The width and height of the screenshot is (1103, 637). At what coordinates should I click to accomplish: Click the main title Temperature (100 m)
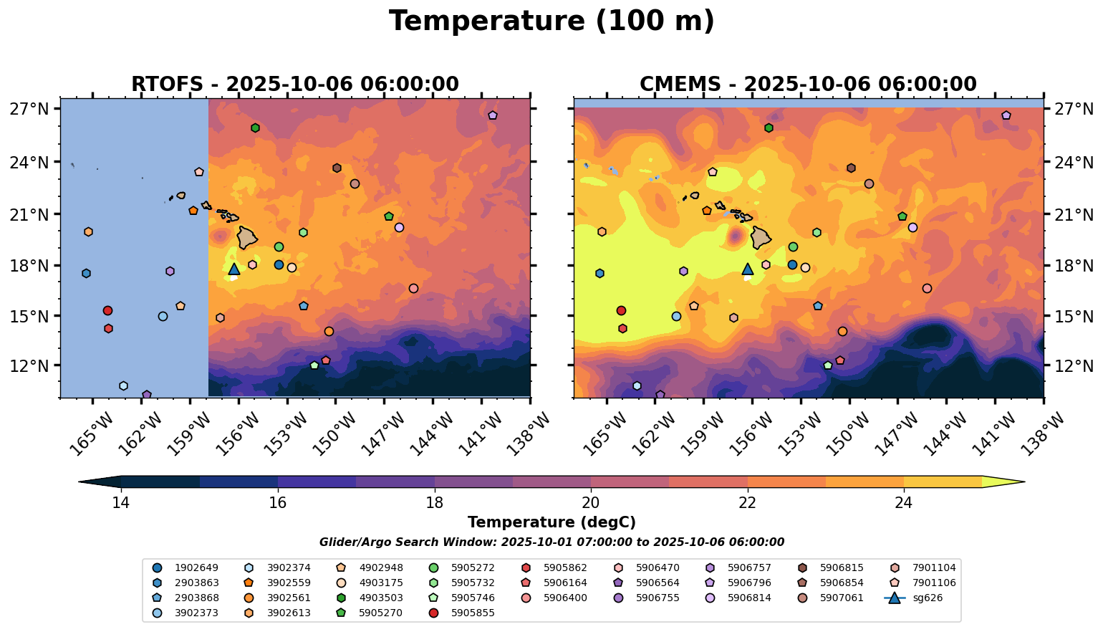pos(551,21)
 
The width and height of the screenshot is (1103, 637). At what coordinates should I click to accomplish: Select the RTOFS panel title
pos(294,85)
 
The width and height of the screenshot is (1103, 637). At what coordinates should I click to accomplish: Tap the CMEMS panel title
pos(808,85)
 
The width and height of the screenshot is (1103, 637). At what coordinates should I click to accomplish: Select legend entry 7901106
pos(933,583)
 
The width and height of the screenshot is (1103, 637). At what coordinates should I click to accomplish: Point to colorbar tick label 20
pos(591,502)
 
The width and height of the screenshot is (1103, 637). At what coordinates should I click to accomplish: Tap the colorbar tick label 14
pos(120,502)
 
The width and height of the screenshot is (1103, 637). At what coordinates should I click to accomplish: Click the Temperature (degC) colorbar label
pos(551,522)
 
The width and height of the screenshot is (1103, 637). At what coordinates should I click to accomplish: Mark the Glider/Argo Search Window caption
pos(551,542)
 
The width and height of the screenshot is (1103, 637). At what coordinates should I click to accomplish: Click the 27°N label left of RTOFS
pos(29,109)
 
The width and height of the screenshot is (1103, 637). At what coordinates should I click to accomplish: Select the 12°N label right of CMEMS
pos(1074,365)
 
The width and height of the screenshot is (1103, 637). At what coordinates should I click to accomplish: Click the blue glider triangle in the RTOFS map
pos(233,269)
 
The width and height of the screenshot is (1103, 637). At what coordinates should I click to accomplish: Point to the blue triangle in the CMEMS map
pos(747,269)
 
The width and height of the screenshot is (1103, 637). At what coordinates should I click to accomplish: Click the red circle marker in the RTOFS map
pos(107,310)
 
